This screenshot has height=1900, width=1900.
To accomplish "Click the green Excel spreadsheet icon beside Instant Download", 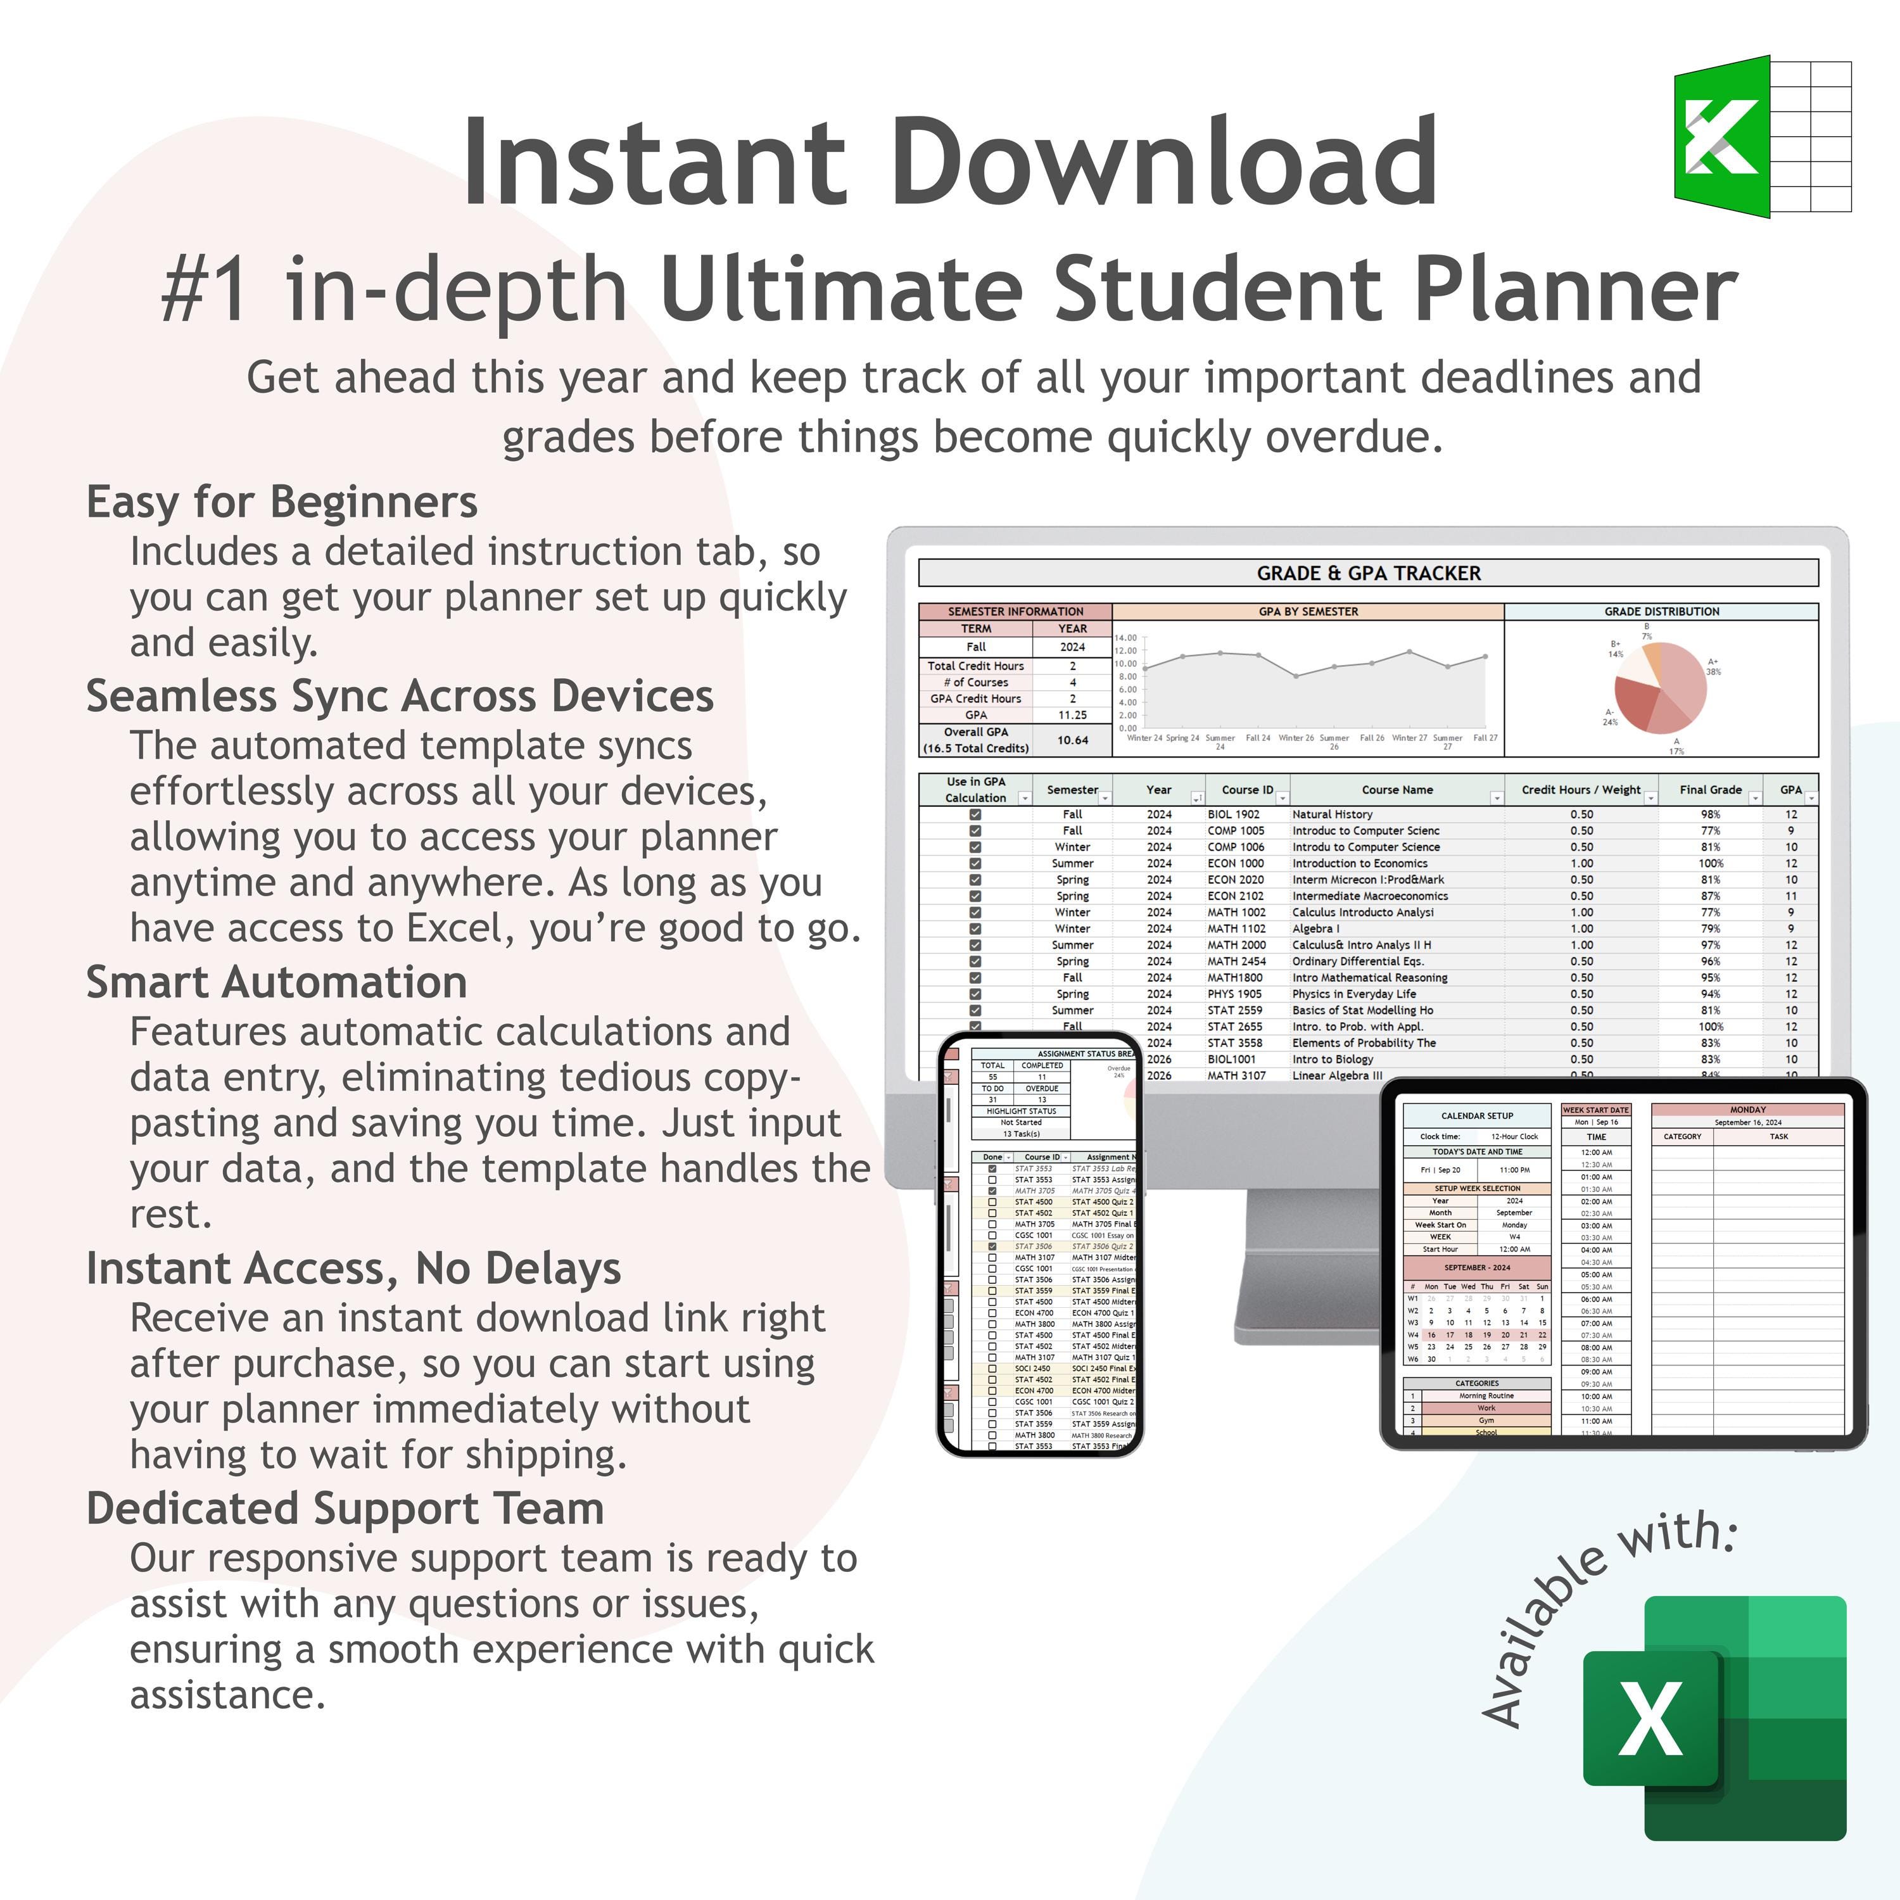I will click(x=1761, y=137).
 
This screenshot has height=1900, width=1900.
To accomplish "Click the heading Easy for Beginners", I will click(x=282, y=502).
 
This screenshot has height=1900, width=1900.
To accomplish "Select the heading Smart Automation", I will click(x=276, y=982).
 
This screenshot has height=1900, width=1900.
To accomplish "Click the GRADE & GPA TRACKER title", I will click(x=1368, y=573).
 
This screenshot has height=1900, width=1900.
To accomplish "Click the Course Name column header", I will click(x=1396, y=790).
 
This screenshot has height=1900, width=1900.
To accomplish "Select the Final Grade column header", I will click(x=1710, y=790).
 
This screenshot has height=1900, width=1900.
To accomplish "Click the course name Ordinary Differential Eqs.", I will click(x=1357, y=961).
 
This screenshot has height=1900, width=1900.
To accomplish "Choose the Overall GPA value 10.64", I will click(x=1072, y=740).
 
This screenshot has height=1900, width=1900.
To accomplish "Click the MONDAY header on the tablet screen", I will click(x=1747, y=1110).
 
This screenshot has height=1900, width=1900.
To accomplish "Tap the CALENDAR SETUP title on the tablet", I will click(x=1476, y=1116).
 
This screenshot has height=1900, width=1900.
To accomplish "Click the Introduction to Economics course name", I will click(x=1359, y=863).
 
